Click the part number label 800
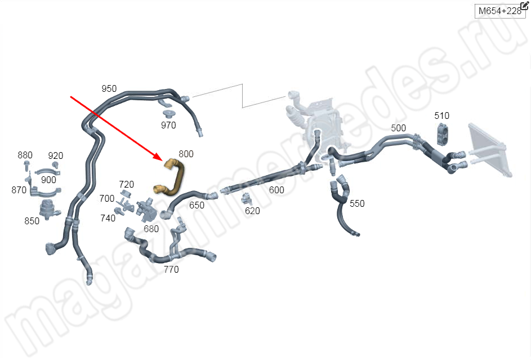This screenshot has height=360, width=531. pos(186,154)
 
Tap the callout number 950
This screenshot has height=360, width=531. pos(109,88)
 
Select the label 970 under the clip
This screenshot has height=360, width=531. pos(168,125)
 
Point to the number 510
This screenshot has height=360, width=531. pos(441,115)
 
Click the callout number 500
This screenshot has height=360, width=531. pos(398,128)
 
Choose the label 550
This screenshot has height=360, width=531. pos(357,203)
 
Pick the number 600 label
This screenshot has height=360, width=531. pos(276,190)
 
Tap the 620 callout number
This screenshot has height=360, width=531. pos(252,211)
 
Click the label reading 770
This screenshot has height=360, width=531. pos(171,269)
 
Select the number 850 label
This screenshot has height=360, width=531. pos(32,221)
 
